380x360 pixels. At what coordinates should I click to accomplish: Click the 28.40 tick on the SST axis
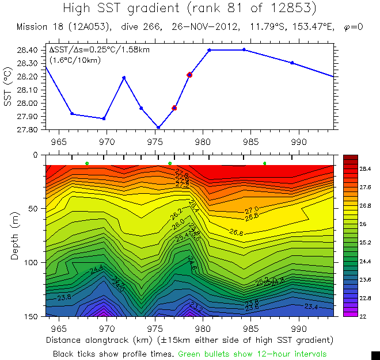[x=28, y=50]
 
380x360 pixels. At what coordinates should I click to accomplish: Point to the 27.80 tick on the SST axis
[x=28, y=130]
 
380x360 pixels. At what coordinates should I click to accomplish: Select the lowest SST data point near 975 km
[x=158, y=127]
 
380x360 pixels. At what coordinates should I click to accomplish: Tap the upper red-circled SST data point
[x=189, y=75]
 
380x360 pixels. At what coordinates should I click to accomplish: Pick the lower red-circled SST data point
[x=174, y=108]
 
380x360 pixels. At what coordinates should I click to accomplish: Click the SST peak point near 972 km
[x=124, y=78]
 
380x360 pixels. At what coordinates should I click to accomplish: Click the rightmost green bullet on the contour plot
[x=265, y=164]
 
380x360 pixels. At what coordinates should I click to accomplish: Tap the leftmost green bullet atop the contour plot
[x=87, y=164]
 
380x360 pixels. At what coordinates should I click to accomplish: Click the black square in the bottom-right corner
[x=375, y=355]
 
